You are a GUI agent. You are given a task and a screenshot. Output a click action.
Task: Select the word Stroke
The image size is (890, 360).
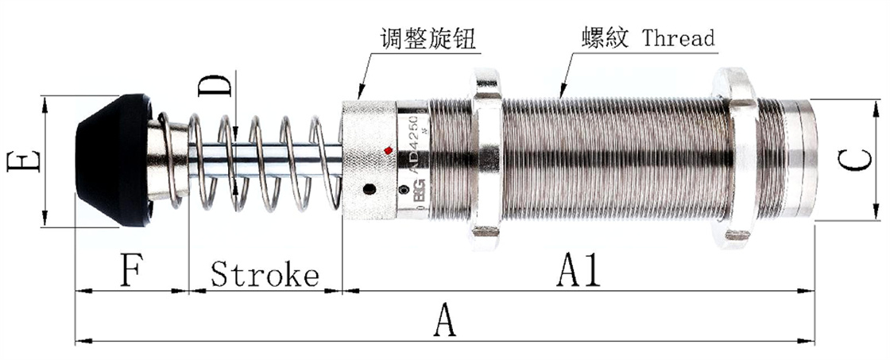(265, 275)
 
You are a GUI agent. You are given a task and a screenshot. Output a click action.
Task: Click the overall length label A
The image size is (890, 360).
(446, 323)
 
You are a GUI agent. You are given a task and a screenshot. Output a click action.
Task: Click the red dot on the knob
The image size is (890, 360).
(388, 150)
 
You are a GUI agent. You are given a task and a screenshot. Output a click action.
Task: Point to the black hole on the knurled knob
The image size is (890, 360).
(369, 189)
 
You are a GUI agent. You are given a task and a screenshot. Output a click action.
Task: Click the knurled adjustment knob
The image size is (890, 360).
(368, 159)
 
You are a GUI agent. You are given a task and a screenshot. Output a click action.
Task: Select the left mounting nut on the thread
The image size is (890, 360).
(486, 159)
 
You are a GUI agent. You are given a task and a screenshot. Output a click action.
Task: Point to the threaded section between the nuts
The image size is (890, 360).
(612, 159)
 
